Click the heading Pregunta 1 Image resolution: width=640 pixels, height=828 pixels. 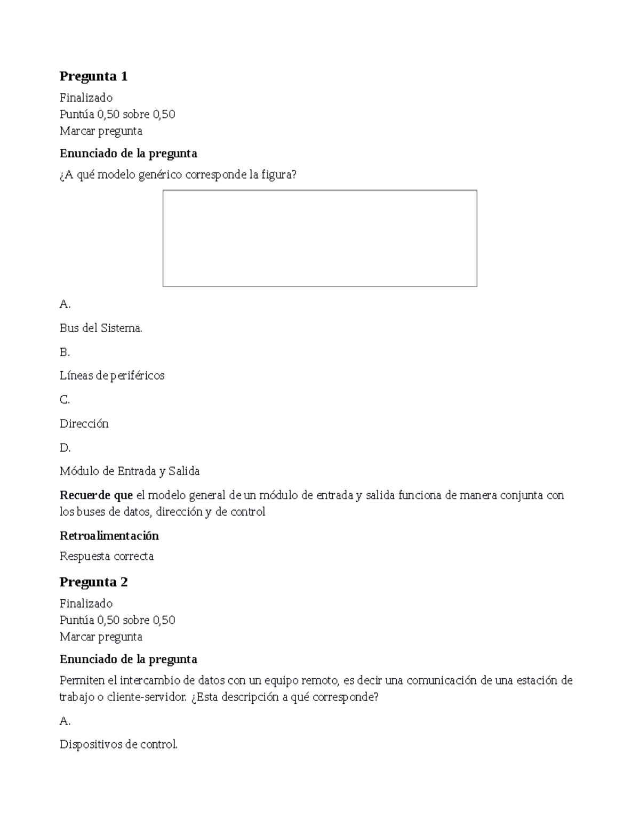click(93, 76)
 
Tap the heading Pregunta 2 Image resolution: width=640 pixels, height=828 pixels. click(93, 582)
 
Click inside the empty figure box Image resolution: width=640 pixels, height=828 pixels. click(319, 238)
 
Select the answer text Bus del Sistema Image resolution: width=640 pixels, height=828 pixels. click(101, 328)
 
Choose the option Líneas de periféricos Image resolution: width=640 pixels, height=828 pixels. click(112, 375)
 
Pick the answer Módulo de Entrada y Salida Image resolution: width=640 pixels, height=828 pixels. click(130, 471)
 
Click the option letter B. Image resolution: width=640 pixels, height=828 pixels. click(65, 352)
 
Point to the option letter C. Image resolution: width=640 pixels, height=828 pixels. click(65, 399)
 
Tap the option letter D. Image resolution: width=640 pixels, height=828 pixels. click(65, 447)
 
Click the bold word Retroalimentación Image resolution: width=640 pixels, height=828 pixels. click(109, 535)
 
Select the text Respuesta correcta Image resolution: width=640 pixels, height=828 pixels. click(107, 556)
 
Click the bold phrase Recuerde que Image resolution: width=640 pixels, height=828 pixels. click(96, 495)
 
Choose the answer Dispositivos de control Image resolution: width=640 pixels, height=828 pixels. click(118, 744)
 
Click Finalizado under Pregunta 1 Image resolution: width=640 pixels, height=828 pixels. click(86, 98)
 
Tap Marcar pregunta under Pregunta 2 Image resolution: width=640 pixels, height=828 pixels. click(101, 637)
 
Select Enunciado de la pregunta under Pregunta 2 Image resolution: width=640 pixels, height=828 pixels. click(128, 659)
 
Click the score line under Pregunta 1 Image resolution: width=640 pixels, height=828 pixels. click(117, 114)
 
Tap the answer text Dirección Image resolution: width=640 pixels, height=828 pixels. click(84, 423)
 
